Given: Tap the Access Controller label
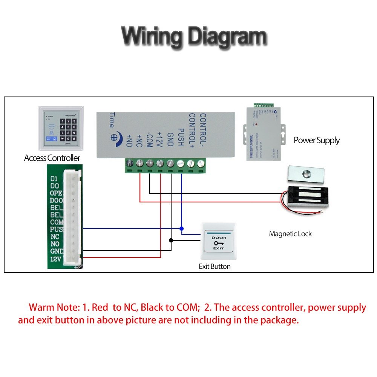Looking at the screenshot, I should [x=52, y=158].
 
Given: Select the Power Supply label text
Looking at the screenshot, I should [x=317, y=141].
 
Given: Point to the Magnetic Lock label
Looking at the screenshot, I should [x=290, y=234].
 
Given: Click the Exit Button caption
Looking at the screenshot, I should [x=215, y=267].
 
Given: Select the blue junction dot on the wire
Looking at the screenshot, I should [x=181, y=228].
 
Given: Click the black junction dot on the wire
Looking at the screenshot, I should [x=171, y=240].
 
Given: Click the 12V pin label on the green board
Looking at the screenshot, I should [x=56, y=259].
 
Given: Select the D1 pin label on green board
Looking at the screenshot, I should [x=54, y=178].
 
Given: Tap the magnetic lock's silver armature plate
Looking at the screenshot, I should [x=305, y=174].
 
